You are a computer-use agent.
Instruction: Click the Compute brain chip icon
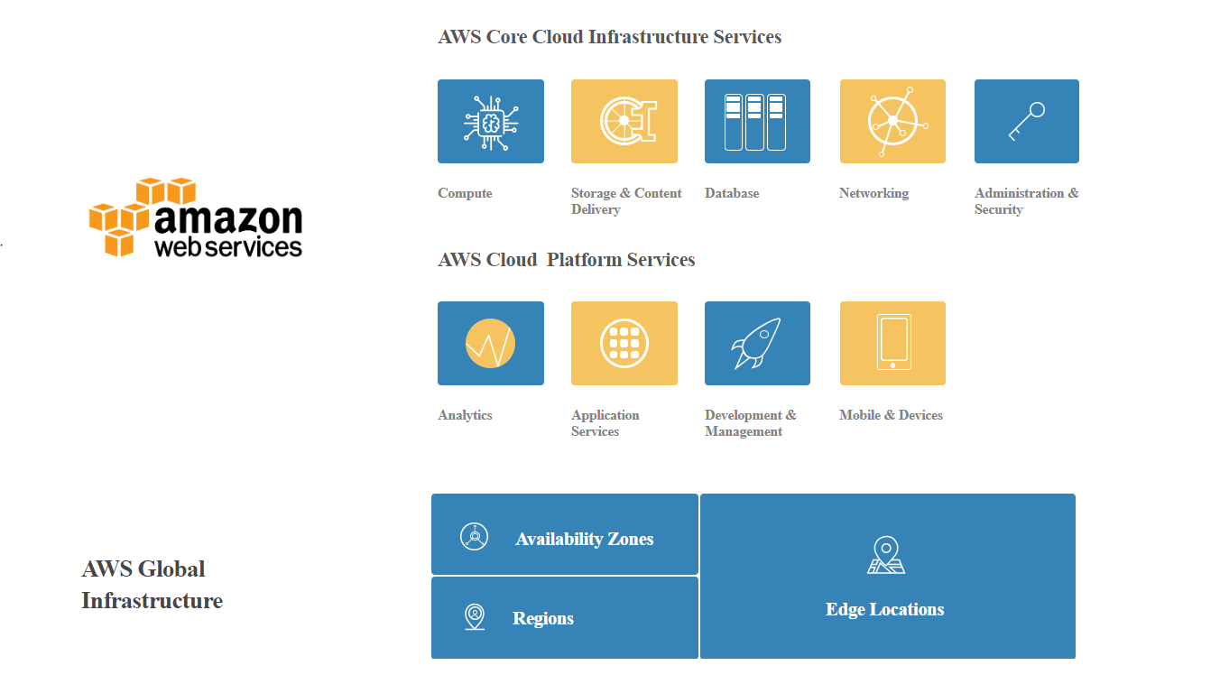(x=491, y=123)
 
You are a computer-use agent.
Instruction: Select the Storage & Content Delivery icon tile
(x=624, y=121)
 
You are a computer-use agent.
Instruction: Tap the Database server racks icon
(x=755, y=122)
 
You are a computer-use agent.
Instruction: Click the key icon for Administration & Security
(x=1026, y=122)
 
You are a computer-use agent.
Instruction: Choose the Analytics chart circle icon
(x=490, y=344)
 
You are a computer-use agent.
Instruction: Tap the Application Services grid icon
(x=624, y=344)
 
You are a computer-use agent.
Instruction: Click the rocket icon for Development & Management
(x=756, y=344)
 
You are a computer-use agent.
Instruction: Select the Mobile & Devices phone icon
(x=893, y=342)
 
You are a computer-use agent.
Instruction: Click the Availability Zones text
(x=585, y=539)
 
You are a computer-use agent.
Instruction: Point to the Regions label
(x=543, y=618)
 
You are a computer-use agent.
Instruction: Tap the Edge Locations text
(x=884, y=609)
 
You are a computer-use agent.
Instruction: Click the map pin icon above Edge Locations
(x=886, y=555)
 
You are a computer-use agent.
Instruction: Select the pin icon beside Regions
(x=475, y=617)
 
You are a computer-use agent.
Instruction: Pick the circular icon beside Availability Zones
(x=474, y=536)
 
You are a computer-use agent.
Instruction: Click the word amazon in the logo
(x=228, y=219)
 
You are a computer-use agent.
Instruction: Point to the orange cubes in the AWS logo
(x=143, y=217)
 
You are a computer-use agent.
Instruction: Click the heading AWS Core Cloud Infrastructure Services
(x=609, y=36)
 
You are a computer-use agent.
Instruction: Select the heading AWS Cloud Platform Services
(x=567, y=260)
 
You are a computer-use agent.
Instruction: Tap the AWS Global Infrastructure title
(x=152, y=585)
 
